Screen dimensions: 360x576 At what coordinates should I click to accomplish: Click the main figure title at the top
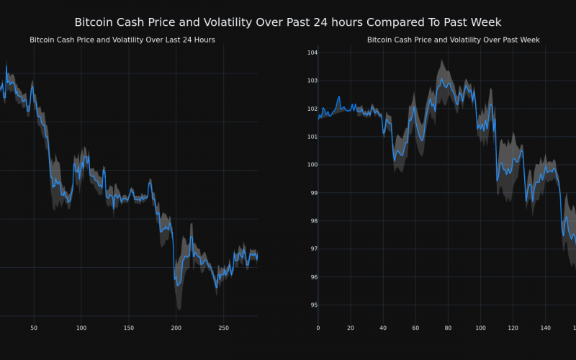coord(288,22)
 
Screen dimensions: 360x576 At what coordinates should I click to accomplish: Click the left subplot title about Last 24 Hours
coord(122,40)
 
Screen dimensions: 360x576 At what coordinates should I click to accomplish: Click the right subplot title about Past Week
coord(453,40)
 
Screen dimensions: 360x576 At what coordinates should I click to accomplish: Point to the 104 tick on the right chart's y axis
coord(312,53)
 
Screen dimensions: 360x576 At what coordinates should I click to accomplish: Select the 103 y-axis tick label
coord(312,81)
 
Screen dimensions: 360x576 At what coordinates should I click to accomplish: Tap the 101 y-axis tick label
coord(312,137)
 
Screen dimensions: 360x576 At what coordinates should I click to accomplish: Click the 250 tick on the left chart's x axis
coord(223,328)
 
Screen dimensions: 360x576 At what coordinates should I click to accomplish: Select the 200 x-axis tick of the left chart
coord(176,328)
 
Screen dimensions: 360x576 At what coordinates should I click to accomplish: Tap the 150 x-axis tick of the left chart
coord(128,328)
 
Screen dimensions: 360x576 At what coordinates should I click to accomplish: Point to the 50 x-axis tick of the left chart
coord(34,328)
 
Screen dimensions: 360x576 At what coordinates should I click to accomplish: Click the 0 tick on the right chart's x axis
coord(318,328)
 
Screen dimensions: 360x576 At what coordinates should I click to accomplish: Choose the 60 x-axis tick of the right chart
coord(415,328)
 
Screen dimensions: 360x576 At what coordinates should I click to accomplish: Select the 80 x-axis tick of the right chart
coord(448,328)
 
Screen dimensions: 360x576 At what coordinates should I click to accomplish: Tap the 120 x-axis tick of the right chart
coord(513,328)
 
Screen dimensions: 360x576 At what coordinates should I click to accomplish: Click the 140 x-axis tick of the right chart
coord(545,328)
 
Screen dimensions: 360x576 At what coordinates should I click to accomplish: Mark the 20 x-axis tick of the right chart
coord(351,328)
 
